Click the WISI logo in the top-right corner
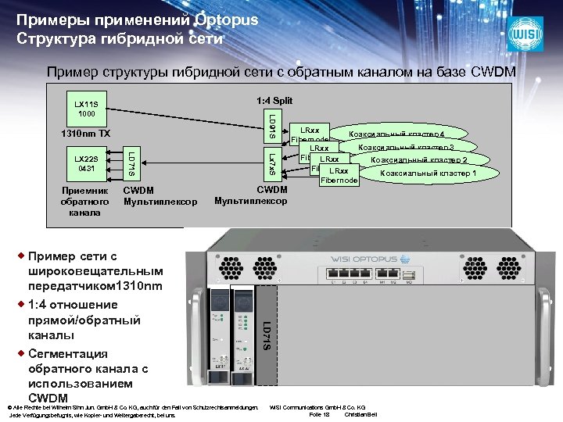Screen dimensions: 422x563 [525, 34]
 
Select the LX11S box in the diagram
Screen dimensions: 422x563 [85, 108]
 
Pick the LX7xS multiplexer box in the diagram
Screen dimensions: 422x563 [271, 163]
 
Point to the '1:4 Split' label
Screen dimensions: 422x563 [274, 101]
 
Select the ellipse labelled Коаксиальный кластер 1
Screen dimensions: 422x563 [430, 173]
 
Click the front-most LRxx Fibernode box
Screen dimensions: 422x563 [339, 175]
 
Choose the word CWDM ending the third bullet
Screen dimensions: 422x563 [48, 399]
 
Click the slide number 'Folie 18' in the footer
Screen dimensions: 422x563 [320, 414]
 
